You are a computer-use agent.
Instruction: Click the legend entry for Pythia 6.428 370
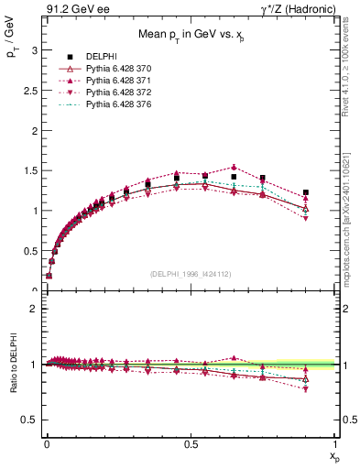(x=113, y=69)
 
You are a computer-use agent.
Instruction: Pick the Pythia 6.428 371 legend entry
(x=113, y=82)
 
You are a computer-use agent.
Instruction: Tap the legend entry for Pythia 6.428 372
(x=113, y=94)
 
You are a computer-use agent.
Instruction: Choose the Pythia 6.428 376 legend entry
(x=113, y=107)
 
